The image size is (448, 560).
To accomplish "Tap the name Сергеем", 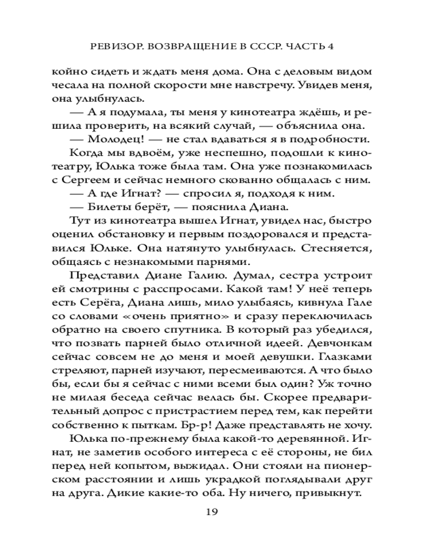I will [x=102, y=179].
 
